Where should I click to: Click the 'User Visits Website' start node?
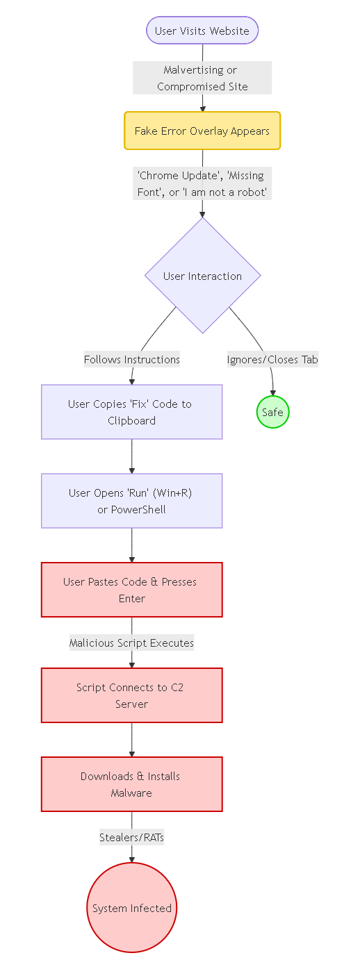coord(202,31)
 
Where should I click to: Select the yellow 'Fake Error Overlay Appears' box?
coord(202,131)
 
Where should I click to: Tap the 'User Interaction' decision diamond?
coord(202,276)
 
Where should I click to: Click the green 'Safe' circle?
coord(272,413)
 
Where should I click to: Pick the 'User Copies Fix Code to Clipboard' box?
coord(131,412)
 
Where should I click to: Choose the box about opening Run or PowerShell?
coord(131,501)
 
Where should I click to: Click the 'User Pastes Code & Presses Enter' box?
coord(131,590)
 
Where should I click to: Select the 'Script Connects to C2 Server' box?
coord(131,695)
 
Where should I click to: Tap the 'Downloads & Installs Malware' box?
coord(131,784)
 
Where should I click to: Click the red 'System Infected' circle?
coord(131,908)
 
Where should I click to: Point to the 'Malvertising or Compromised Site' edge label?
coord(202,78)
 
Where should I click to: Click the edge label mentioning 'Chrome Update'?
coord(202,183)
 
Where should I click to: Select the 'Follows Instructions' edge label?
coord(131,359)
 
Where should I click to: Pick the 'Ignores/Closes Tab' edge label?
coord(272,359)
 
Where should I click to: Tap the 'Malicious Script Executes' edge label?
coord(131,643)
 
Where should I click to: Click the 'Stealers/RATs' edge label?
coord(131,837)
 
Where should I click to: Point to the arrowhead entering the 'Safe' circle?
coord(272,393)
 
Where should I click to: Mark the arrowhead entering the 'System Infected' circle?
coord(131,859)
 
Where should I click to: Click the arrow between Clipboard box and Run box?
coord(131,456)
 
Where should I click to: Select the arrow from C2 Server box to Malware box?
coord(131,740)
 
